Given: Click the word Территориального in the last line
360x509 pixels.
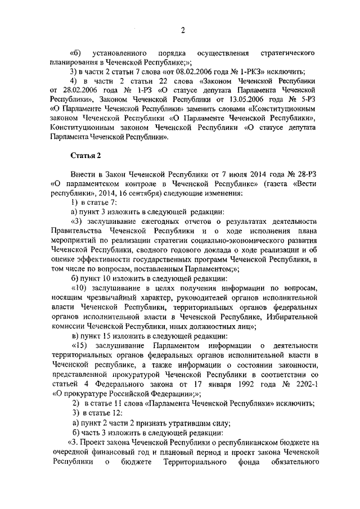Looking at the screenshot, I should coord(181,462).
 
